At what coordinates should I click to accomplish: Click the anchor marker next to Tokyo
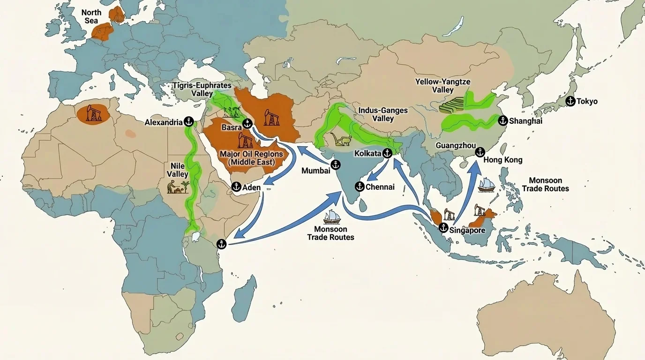click(570, 101)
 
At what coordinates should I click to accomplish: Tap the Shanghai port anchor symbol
click(502, 120)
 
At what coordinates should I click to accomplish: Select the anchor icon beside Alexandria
click(189, 122)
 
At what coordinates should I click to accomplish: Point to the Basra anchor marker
click(247, 124)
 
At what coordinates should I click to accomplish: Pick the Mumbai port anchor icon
click(336, 165)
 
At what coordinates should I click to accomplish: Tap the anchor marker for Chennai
click(360, 187)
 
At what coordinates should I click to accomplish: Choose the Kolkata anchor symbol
click(387, 153)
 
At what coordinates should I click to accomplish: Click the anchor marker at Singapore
click(443, 228)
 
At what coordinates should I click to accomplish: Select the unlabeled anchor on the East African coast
click(221, 244)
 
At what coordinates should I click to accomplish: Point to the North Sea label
click(91, 16)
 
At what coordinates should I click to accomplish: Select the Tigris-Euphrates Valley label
click(202, 89)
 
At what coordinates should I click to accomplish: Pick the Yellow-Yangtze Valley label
click(442, 85)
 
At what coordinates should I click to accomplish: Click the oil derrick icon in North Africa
click(94, 113)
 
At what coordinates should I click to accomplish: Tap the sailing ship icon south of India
click(331, 216)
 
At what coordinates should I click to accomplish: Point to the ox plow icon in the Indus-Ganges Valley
click(342, 140)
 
